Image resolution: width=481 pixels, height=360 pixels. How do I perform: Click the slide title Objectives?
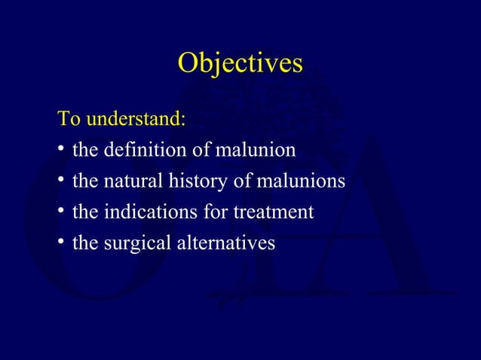(x=240, y=63)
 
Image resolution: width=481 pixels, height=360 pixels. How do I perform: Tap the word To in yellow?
(x=70, y=120)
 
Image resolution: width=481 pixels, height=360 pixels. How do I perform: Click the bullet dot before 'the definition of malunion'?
(x=61, y=151)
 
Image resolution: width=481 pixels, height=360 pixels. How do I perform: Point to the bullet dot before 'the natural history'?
(x=61, y=182)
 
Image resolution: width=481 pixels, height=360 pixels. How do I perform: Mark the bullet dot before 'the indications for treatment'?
(x=61, y=213)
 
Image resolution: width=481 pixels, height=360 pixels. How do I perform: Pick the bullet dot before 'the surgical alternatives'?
(x=61, y=244)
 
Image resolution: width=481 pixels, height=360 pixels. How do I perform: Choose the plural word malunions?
(x=302, y=182)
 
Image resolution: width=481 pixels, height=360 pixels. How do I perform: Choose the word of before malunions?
(x=244, y=182)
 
